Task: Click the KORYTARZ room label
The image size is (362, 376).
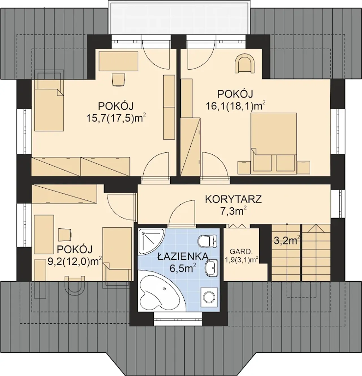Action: coord(233,199)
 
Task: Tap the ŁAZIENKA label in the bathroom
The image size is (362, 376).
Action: coord(183,257)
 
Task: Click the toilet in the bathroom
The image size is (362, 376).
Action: coord(208,241)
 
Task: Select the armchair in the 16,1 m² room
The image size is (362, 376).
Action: coord(245,63)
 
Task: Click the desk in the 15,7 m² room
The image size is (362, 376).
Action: coord(118,61)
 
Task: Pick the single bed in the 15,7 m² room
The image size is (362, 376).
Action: coord(49,100)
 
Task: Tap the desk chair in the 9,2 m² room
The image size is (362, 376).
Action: coord(65,235)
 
